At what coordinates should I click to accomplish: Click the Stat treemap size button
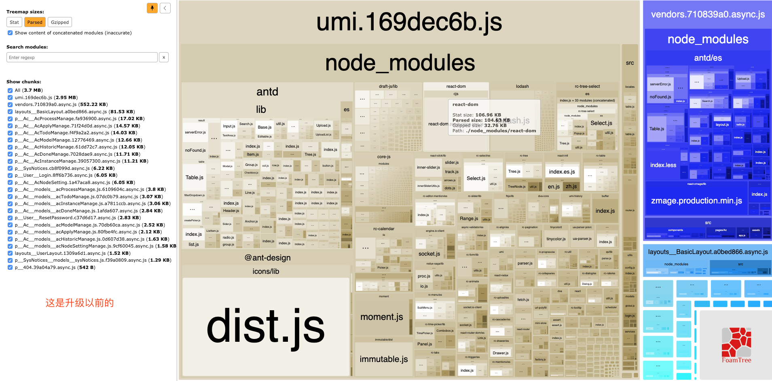point(14,22)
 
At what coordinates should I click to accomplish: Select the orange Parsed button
point(35,22)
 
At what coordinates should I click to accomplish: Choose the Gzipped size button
point(60,22)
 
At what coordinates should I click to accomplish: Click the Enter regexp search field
point(82,57)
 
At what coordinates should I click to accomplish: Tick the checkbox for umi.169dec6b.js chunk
point(10,97)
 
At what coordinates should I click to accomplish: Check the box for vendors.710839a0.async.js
point(10,104)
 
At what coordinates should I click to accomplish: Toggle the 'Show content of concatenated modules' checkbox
point(10,33)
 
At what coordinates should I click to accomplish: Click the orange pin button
point(152,8)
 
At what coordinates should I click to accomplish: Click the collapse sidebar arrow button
point(165,8)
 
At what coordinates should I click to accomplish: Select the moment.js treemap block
point(382,317)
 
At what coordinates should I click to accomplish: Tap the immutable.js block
point(384,359)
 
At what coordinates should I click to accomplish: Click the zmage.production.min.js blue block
point(696,201)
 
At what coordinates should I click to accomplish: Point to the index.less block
point(663,165)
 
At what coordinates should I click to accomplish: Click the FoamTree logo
point(736,346)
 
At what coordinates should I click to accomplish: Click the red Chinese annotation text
point(79,303)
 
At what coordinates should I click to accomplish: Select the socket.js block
point(429,254)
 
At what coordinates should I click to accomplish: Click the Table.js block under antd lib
point(195,178)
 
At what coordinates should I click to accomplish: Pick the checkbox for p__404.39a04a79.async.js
point(10,267)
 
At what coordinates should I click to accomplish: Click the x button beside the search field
point(164,57)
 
